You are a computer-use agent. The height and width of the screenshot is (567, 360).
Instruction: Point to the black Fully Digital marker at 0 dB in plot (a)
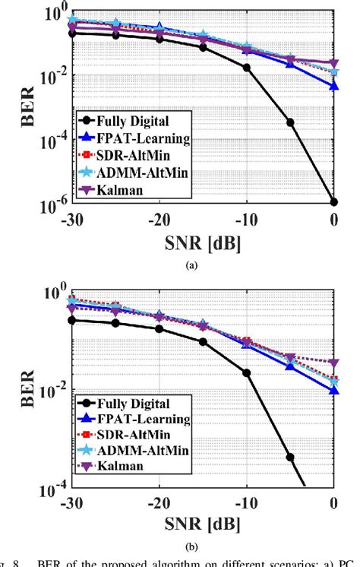334,201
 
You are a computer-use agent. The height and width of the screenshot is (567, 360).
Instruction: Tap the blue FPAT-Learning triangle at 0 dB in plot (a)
334,86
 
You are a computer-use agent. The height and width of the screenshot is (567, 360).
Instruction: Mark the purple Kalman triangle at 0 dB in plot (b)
334,363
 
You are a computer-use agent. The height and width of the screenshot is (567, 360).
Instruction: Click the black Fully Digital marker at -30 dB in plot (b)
71,320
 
